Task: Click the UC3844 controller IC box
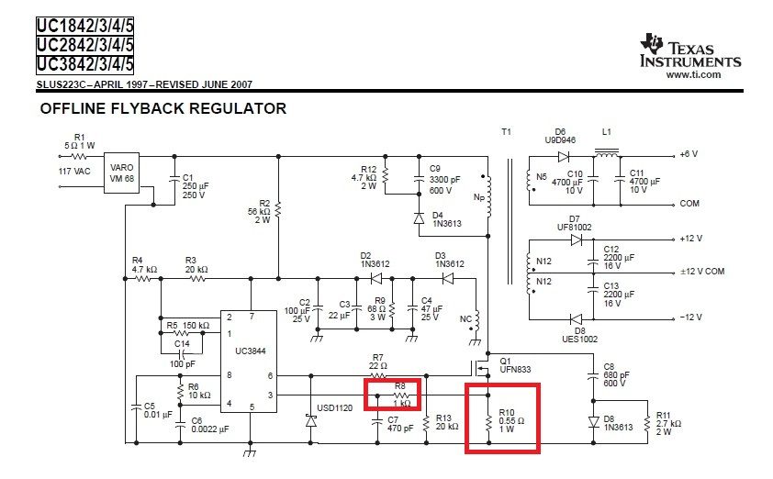tap(249, 362)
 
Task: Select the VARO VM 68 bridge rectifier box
tap(121, 173)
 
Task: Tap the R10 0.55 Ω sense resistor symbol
tap(488, 423)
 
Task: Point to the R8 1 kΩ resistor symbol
tap(401, 395)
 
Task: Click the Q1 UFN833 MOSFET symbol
tap(480, 368)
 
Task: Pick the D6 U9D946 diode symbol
tap(564, 157)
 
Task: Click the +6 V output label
tap(689, 154)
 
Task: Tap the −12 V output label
tap(690, 317)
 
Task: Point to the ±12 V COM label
tap(702, 271)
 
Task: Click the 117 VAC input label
tap(74, 172)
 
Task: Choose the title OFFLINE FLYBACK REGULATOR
tap(163, 108)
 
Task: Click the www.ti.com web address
tap(693, 75)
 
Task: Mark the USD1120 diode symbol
tap(311, 421)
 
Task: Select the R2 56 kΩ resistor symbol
tap(278, 210)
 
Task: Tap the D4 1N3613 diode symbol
tap(419, 217)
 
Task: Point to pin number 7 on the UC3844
tap(252, 317)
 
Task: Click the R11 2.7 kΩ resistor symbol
tap(647, 423)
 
